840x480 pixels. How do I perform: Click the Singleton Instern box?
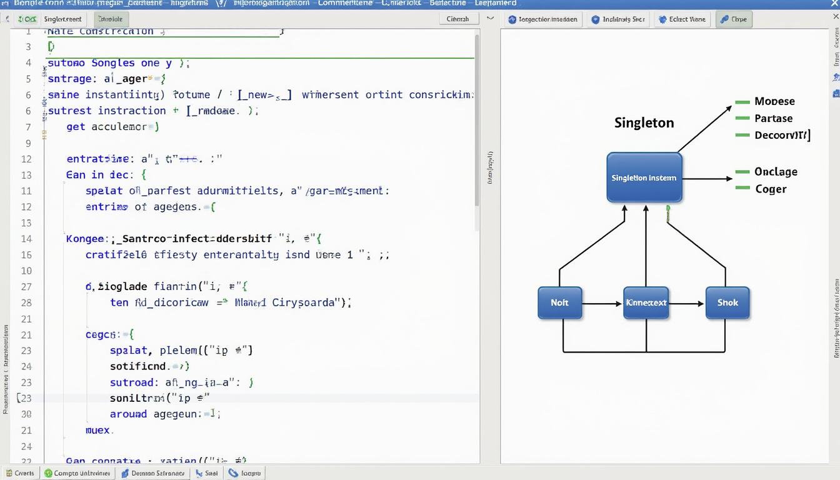pos(644,177)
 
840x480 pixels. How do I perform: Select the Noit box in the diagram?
pos(559,302)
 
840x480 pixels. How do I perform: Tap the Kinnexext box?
pos(646,302)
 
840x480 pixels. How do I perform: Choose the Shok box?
pos(727,302)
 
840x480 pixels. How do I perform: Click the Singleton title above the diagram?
pos(644,122)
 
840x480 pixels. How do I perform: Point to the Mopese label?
pos(774,101)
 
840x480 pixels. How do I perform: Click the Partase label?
pos(773,118)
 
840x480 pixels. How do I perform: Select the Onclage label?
pos(776,171)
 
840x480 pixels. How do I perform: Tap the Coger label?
pos(771,189)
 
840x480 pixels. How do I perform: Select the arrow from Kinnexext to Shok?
pos(687,304)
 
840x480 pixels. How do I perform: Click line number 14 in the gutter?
pos(26,238)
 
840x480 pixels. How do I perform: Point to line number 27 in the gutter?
pos(26,286)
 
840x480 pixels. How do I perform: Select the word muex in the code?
pos(97,430)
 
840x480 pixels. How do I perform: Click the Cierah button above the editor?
pos(457,19)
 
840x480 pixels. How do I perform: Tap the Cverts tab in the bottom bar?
pos(20,473)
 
